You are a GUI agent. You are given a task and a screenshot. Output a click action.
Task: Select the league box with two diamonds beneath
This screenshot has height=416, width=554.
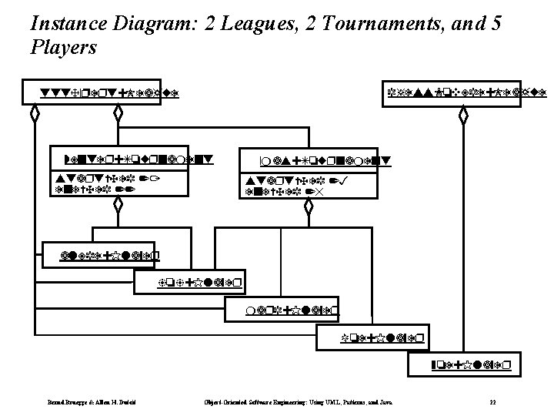coord(102,93)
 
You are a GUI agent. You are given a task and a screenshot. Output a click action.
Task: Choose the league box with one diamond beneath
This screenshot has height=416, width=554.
coord(466,93)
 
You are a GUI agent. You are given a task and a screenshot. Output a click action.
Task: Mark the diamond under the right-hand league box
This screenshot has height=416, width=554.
coord(462,116)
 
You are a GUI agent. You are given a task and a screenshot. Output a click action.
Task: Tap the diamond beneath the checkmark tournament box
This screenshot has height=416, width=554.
coord(307,208)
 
